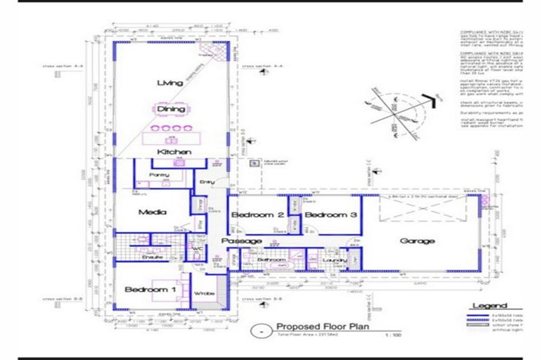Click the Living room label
click(x=170, y=83)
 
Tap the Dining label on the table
click(x=171, y=109)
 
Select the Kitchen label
click(x=174, y=152)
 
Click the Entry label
click(x=207, y=183)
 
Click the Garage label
click(x=417, y=240)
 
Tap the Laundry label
click(x=335, y=260)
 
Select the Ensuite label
click(x=153, y=257)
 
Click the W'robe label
click(x=204, y=292)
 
